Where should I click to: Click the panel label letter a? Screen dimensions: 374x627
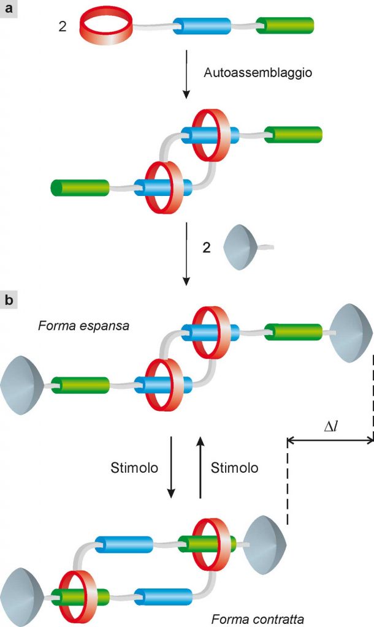pyautogui.click(x=8, y=7)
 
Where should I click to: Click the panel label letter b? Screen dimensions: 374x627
pyautogui.click(x=9, y=300)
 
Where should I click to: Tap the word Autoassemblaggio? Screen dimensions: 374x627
pyautogui.click(x=258, y=73)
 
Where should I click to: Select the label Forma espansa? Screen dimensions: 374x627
pyautogui.click(x=83, y=326)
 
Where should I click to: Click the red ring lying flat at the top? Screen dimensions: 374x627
pyautogui.click(x=107, y=26)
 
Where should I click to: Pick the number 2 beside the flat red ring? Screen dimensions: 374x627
pyautogui.click(x=63, y=27)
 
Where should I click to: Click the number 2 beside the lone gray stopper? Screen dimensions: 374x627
pyautogui.click(x=206, y=247)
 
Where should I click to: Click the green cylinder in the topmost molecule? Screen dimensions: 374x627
pyautogui.click(x=284, y=26)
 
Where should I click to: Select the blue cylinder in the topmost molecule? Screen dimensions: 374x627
pyautogui.click(x=202, y=26)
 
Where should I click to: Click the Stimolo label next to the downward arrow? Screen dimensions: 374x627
pyautogui.click(x=134, y=467)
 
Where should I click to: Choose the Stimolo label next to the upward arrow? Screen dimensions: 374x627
pyautogui.click(x=235, y=467)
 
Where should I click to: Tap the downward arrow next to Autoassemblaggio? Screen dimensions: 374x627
pyautogui.click(x=186, y=74)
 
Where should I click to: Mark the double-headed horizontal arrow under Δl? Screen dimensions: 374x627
pyautogui.click(x=330, y=441)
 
